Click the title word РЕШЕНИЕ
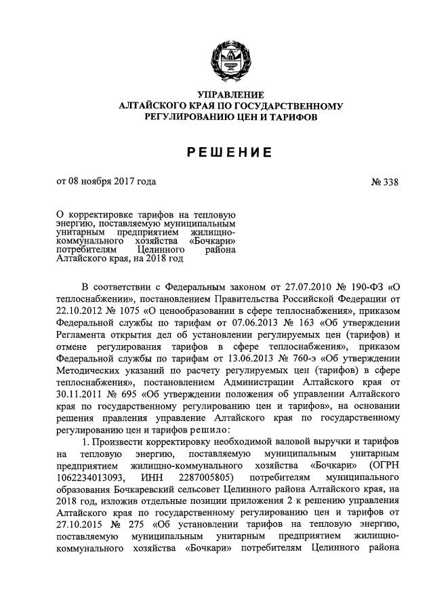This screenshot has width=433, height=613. tap(230, 153)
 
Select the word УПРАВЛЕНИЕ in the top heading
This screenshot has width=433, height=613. tap(230, 94)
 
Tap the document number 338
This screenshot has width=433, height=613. tap(390, 181)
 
